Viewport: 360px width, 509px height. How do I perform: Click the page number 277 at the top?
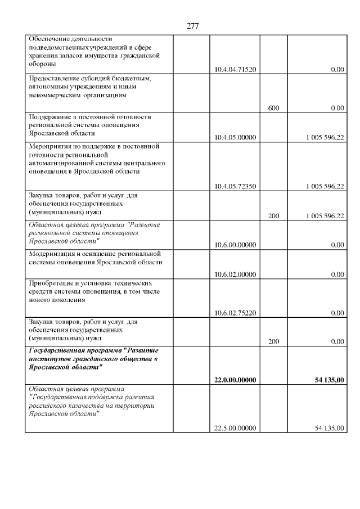[x=192, y=26]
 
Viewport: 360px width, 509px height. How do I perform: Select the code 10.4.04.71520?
[x=235, y=70]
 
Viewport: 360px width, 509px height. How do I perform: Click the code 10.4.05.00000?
[x=235, y=137]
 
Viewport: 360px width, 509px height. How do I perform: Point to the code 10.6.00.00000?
[x=235, y=245]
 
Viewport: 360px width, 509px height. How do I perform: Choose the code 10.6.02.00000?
[x=235, y=274]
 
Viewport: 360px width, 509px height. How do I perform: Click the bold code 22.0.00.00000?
[x=235, y=380]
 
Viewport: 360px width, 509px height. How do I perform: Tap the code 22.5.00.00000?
[x=235, y=428]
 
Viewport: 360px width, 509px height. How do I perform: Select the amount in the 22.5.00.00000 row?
[x=329, y=428]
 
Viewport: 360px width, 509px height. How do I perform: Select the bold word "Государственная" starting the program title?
[x=58, y=350]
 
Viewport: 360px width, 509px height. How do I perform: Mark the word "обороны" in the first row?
[x=42, y=64]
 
